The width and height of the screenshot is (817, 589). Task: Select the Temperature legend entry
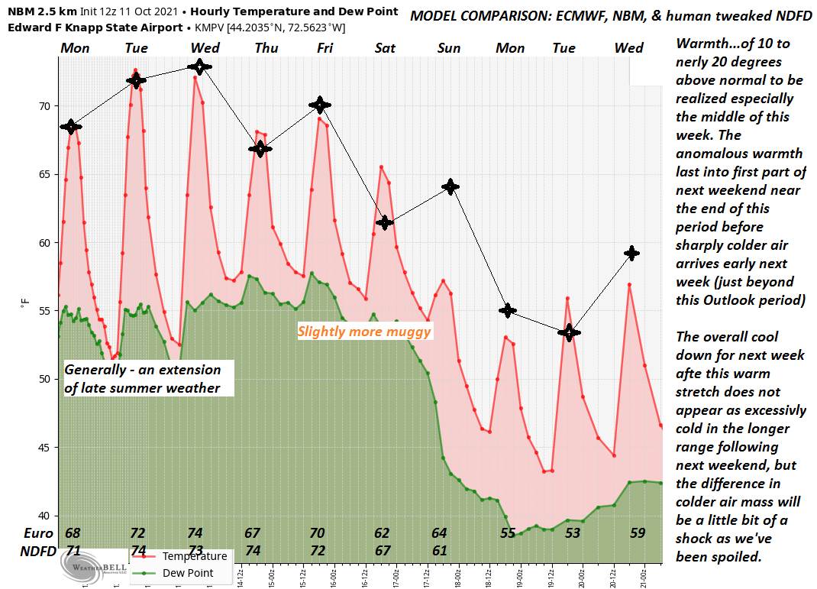193,556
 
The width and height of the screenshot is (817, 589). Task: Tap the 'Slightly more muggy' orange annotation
364,332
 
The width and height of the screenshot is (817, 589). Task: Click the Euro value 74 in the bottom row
195,533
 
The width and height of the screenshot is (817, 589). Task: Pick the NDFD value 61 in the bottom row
440,550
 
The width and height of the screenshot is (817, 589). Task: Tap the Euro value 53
572,533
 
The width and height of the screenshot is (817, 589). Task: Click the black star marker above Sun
451,186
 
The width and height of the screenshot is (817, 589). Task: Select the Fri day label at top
325,48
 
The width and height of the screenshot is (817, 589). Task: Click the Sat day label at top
386,48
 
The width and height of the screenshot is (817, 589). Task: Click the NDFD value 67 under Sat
383,550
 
